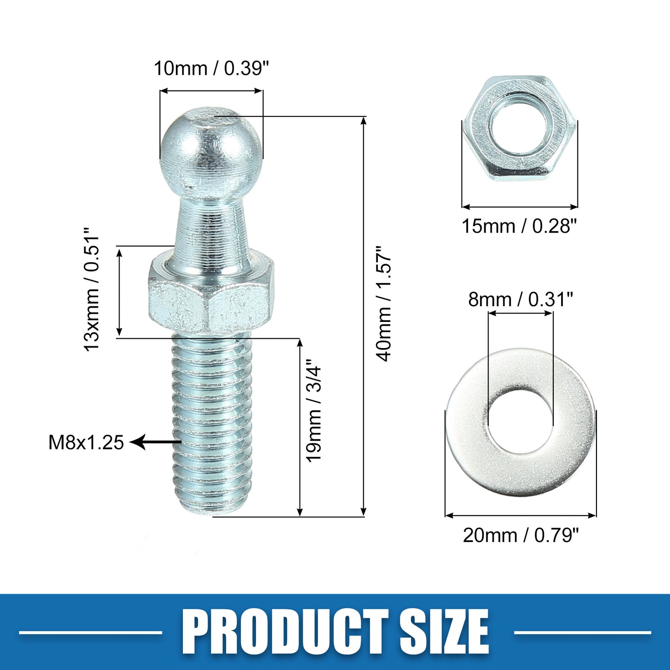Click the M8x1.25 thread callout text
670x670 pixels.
86,442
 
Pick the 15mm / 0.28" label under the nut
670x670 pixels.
519,226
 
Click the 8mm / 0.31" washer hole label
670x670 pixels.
520,299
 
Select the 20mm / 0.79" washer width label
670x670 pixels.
521,536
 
